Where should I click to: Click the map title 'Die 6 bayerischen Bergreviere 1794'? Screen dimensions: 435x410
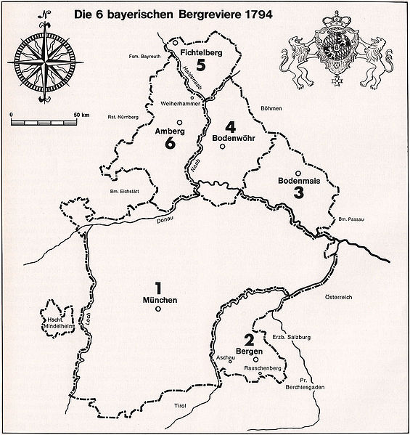(x=170, y=12)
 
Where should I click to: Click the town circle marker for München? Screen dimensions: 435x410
(x=157, y=309)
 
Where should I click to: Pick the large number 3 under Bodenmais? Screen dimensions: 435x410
(x=298, y=192)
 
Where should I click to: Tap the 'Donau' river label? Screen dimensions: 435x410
(x=165, y=216)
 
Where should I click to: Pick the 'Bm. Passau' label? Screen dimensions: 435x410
(x=350, y=219)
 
